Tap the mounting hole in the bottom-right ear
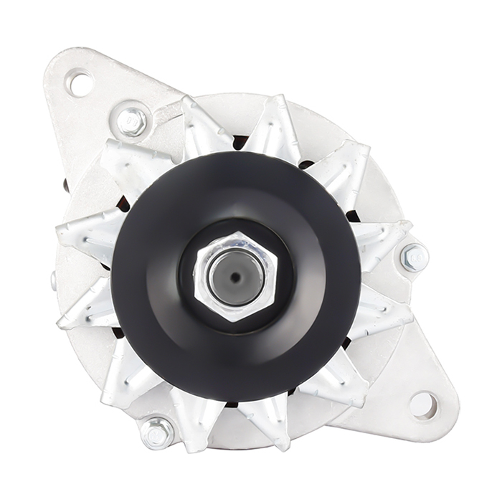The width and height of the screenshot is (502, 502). coord(423,405)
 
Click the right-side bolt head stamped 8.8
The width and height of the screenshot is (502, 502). coord(414,257)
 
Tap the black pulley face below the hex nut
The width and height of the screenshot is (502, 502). coord(237,351)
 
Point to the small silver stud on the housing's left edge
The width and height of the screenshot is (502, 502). coord(54,280)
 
